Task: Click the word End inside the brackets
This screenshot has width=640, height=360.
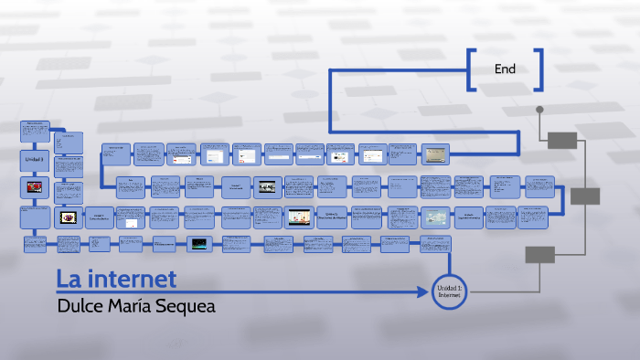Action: (x=506, y=69)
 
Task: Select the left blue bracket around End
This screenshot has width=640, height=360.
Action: (x=470, y=69)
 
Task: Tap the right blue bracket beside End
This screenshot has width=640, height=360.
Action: (x=539, y=69)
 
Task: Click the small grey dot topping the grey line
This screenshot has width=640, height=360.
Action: (x=539, y=110)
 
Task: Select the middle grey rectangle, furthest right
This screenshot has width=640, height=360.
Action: (x=584, y=196)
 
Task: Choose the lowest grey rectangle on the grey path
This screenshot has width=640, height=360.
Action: (x=539, y=255)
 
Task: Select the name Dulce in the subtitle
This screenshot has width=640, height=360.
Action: (x=80, y=306)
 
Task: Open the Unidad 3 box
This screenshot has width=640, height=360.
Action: (x=35, y=159)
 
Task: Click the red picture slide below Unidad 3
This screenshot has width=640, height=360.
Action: (x=35, y=188)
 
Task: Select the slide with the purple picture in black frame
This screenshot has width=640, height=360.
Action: (x=68, y=217)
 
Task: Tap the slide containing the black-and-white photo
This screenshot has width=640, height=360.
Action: (x=268, y=186)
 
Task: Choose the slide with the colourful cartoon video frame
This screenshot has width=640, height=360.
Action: (x=298, y=217)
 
